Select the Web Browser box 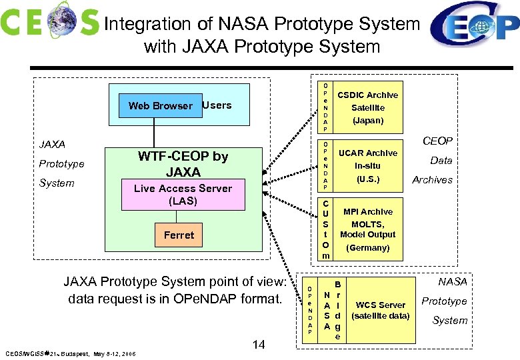(x=160, y=105)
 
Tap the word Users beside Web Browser (x=217, y=105)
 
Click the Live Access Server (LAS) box (x=183, y=194)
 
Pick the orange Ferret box (x=179, y=235)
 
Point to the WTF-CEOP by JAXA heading (x=183, y=164)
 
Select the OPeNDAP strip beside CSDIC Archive (x=325, y=107)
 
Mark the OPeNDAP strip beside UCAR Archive (x=325, y=166)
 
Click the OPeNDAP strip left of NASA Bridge (x=310, y=310)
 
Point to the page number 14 (x=259, y=344)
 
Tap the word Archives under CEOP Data (x=432, y=179)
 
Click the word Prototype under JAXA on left (x=61, y=163)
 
